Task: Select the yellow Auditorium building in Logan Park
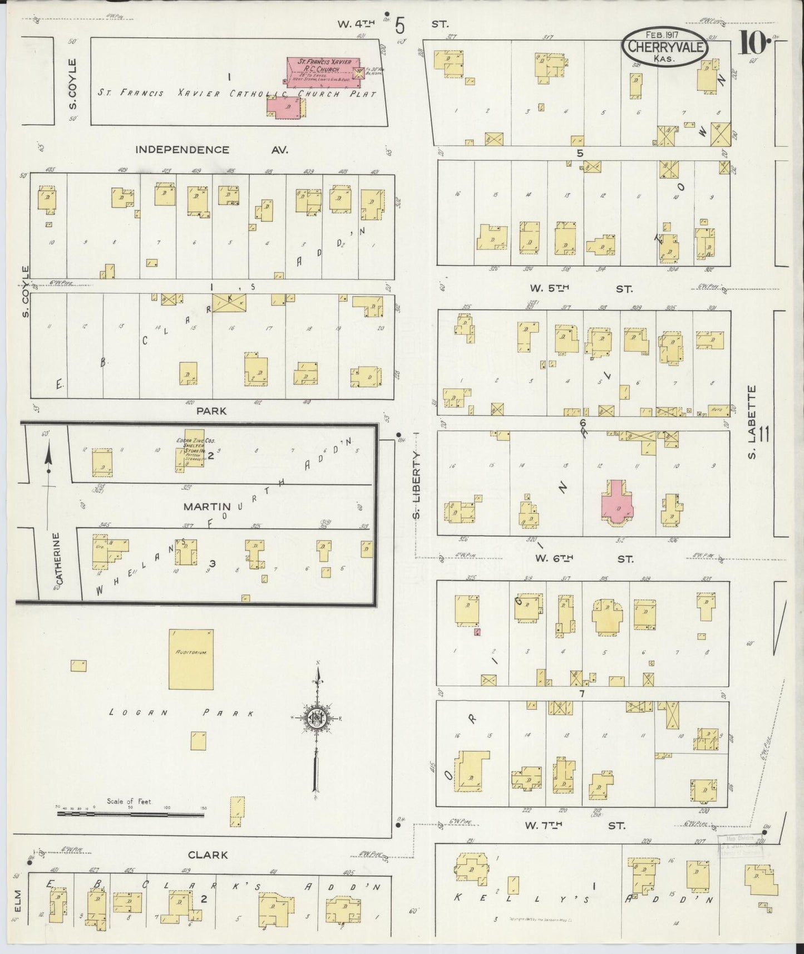pos(191,660)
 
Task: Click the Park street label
pos(211,411)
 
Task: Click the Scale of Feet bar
pos(130,813)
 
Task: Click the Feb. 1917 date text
pos(665,34)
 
